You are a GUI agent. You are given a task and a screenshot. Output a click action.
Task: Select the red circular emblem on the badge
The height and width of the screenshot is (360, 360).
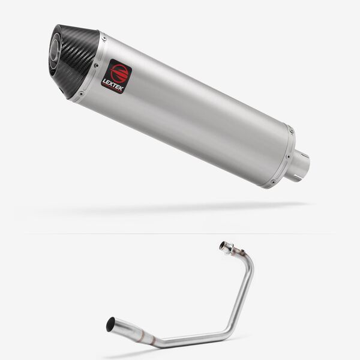pyautogui.click(x=118, y=71)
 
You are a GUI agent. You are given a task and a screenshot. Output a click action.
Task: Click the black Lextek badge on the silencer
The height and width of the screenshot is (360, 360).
pyautogui.click(x=117, y=76)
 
